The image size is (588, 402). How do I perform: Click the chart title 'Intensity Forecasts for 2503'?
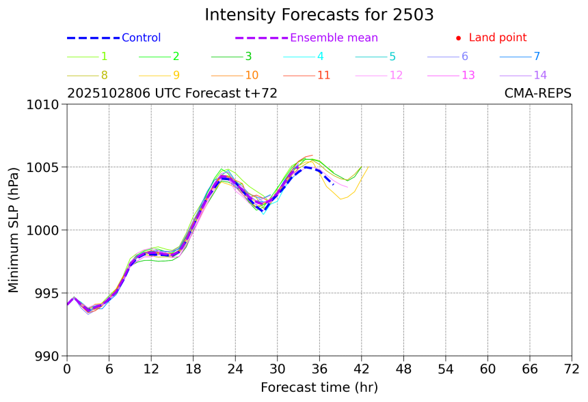click(319, 15)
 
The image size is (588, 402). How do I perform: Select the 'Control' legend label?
click(141, 38)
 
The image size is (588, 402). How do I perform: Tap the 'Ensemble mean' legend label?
click(334, 38)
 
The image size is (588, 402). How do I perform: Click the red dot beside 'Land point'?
click(458, 38)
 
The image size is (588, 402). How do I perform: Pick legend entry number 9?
click(176, 75)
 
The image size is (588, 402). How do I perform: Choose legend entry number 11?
click(324, 75)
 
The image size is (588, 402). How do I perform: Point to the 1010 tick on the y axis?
click(44, 104)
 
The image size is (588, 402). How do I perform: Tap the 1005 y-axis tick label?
click(44, 167)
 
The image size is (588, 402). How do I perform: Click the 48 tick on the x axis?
click(403, 369)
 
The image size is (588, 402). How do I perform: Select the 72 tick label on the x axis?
click(572, 369)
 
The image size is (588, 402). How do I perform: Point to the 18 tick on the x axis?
click(193, 369)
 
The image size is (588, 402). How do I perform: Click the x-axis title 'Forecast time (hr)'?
click(319, 388)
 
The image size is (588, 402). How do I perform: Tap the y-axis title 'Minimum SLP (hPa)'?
click(14, 230)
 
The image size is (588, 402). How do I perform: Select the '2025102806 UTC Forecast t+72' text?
click(172, 94)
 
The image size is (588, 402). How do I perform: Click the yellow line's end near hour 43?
click(369, 167)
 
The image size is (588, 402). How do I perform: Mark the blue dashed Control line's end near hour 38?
click(333, 184)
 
